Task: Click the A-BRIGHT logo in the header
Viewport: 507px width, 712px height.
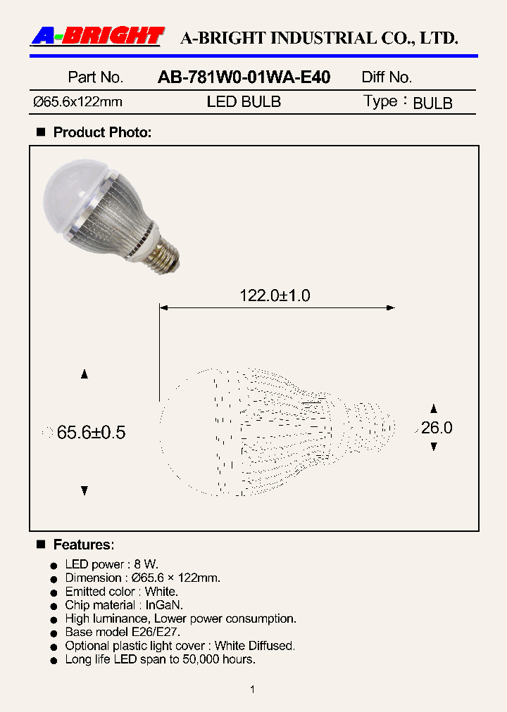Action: pyautogui.click(x=97, y=37)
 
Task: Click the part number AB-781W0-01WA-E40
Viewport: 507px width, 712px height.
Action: pyautogui.click(x=244, y=77)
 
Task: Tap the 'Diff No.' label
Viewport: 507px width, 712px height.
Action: pyautogui.click(x=387, y=77)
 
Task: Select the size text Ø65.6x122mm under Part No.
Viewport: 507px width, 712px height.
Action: pyautogui.click(x=77, y=102)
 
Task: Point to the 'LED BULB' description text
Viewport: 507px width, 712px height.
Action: pyautogui.click(x=244, y=102)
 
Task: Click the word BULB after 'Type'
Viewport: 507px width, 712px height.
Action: pyautogui.click(x=432, y=103)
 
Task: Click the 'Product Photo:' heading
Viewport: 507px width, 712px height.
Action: pyautogui.click(x=102, y=132)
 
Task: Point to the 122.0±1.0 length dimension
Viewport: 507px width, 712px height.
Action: pyautogui.click(x=275, y=296)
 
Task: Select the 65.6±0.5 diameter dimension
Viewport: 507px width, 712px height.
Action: pyautogui.click(x=91, y=433)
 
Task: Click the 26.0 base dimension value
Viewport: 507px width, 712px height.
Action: pyautogui.click(x=437, y=428)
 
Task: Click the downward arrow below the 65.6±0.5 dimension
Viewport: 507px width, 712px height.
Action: pyautogui.click(x=84, y=490)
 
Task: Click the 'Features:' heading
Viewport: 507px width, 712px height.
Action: pyautogui.click(x=84, y=545)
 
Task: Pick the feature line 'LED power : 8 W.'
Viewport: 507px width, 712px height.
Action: pyautogui.click(x=112, y=564)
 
